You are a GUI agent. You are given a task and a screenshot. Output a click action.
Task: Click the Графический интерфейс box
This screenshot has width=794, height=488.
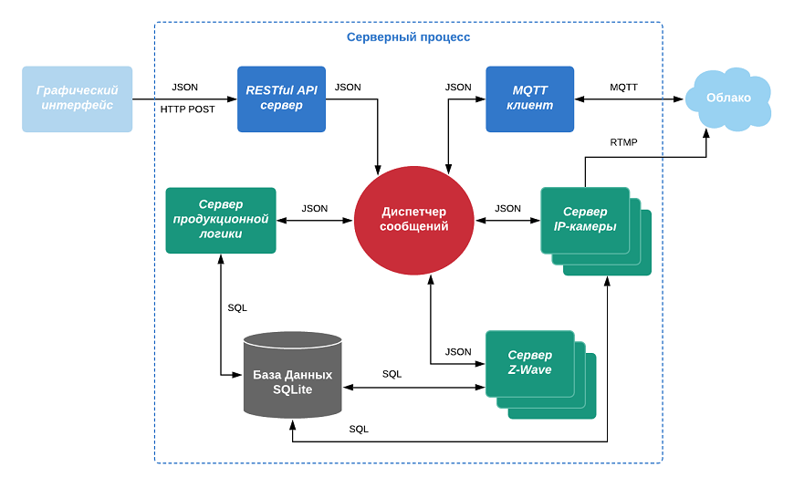(78, 99)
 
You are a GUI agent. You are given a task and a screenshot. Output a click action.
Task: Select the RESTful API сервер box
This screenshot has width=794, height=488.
(281, 99)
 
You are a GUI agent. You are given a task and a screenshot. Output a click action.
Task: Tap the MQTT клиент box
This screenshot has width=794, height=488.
(530, 99)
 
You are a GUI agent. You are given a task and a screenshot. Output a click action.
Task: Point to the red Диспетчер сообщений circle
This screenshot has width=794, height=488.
(414, 220)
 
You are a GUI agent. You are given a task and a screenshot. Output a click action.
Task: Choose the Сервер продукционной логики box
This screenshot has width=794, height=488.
(221, 220)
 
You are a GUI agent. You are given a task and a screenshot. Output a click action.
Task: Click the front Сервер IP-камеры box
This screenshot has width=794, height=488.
(585, 220)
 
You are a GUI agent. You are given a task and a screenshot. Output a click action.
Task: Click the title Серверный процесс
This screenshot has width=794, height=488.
(408, 37)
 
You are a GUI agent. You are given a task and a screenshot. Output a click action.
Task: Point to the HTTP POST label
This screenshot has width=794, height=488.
(188, 109)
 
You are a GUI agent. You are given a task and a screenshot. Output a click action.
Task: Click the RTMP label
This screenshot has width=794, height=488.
(623, 142)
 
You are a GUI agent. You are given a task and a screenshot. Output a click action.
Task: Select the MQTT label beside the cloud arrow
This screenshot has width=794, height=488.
(623, 88)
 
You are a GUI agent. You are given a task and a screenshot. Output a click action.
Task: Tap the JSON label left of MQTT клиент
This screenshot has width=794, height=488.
(458, 88)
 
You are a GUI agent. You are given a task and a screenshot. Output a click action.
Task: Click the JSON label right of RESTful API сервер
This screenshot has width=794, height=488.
(348, 88)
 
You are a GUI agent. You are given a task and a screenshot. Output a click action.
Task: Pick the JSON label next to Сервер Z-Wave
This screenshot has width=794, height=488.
(458, 351)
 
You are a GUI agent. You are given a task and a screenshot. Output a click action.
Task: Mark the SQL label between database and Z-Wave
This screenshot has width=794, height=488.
(392, 374)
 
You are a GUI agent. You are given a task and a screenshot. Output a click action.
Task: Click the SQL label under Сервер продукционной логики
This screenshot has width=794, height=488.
(237, 307)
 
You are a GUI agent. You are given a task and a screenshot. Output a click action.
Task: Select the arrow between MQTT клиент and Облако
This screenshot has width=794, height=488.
(630, 99)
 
